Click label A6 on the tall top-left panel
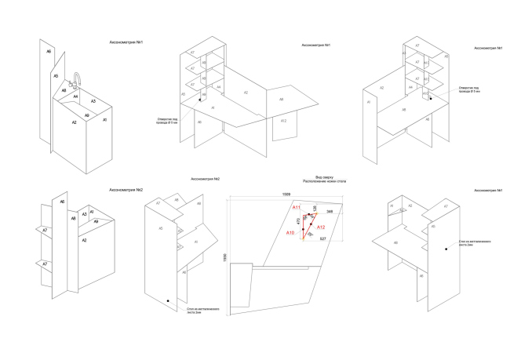click(49, 51)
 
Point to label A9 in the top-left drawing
click(86, 115)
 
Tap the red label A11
click(297, 208)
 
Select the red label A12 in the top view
click(321, 227)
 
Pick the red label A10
click(290, 233)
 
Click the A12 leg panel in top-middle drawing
click(283, 121)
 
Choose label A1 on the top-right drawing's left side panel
click(369, 102)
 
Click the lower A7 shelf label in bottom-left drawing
click(45, 264)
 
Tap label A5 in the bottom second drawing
click(161, 228)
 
